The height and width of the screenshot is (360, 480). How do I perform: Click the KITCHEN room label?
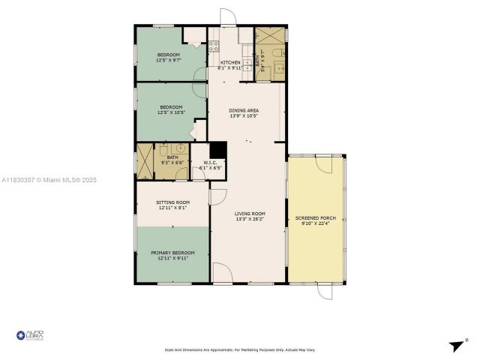[230, 62]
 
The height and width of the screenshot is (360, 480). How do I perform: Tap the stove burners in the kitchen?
[213, 47]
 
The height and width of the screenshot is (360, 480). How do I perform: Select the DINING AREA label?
[244, 111]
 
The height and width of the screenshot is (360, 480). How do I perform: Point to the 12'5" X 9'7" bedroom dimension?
[168, 61]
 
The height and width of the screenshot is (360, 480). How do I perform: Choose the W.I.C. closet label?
[209, 162]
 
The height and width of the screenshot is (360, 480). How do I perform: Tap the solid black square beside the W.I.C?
[217, 149]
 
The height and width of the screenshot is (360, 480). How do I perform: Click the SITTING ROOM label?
[172, 202]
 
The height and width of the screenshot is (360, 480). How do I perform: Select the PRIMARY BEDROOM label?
[172, 253]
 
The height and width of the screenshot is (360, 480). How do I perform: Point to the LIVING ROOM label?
[250, 214]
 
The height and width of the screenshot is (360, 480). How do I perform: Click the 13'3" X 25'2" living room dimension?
[250, 220]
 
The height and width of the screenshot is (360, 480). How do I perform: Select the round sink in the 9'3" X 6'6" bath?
[172, 148]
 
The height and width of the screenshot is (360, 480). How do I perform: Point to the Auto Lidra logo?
[30, 335]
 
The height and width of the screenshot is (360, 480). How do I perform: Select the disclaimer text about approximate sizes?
[239, 349]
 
